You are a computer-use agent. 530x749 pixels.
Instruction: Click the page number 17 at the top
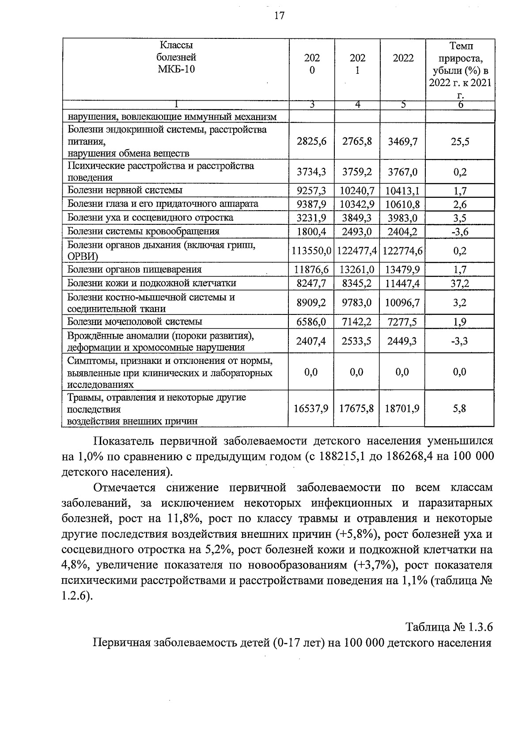(x=279, y=16)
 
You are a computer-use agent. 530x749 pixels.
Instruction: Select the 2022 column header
(x=403, y=58)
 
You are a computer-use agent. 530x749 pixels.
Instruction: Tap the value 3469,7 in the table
(x=403, y=142)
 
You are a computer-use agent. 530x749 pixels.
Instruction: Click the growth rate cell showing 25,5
(x=460, y=142)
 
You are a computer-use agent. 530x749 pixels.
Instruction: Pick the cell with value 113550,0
(x=311, y=251)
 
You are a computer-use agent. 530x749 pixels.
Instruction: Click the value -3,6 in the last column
(x=460, y=232)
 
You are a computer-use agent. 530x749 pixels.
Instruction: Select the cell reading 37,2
(x=460, y=284)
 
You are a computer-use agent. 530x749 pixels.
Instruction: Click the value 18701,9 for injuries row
(x=402, y=409)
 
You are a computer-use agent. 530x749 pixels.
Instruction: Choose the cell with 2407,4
(x=311, y=341)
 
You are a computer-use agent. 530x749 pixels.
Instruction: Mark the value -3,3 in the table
(x=460, y=341)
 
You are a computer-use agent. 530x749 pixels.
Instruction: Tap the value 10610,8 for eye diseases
(x=403, y=204)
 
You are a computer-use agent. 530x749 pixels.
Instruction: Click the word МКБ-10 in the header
(x=176, y=69)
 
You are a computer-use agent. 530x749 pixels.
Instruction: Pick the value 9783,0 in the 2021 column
(x=357, y=303)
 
